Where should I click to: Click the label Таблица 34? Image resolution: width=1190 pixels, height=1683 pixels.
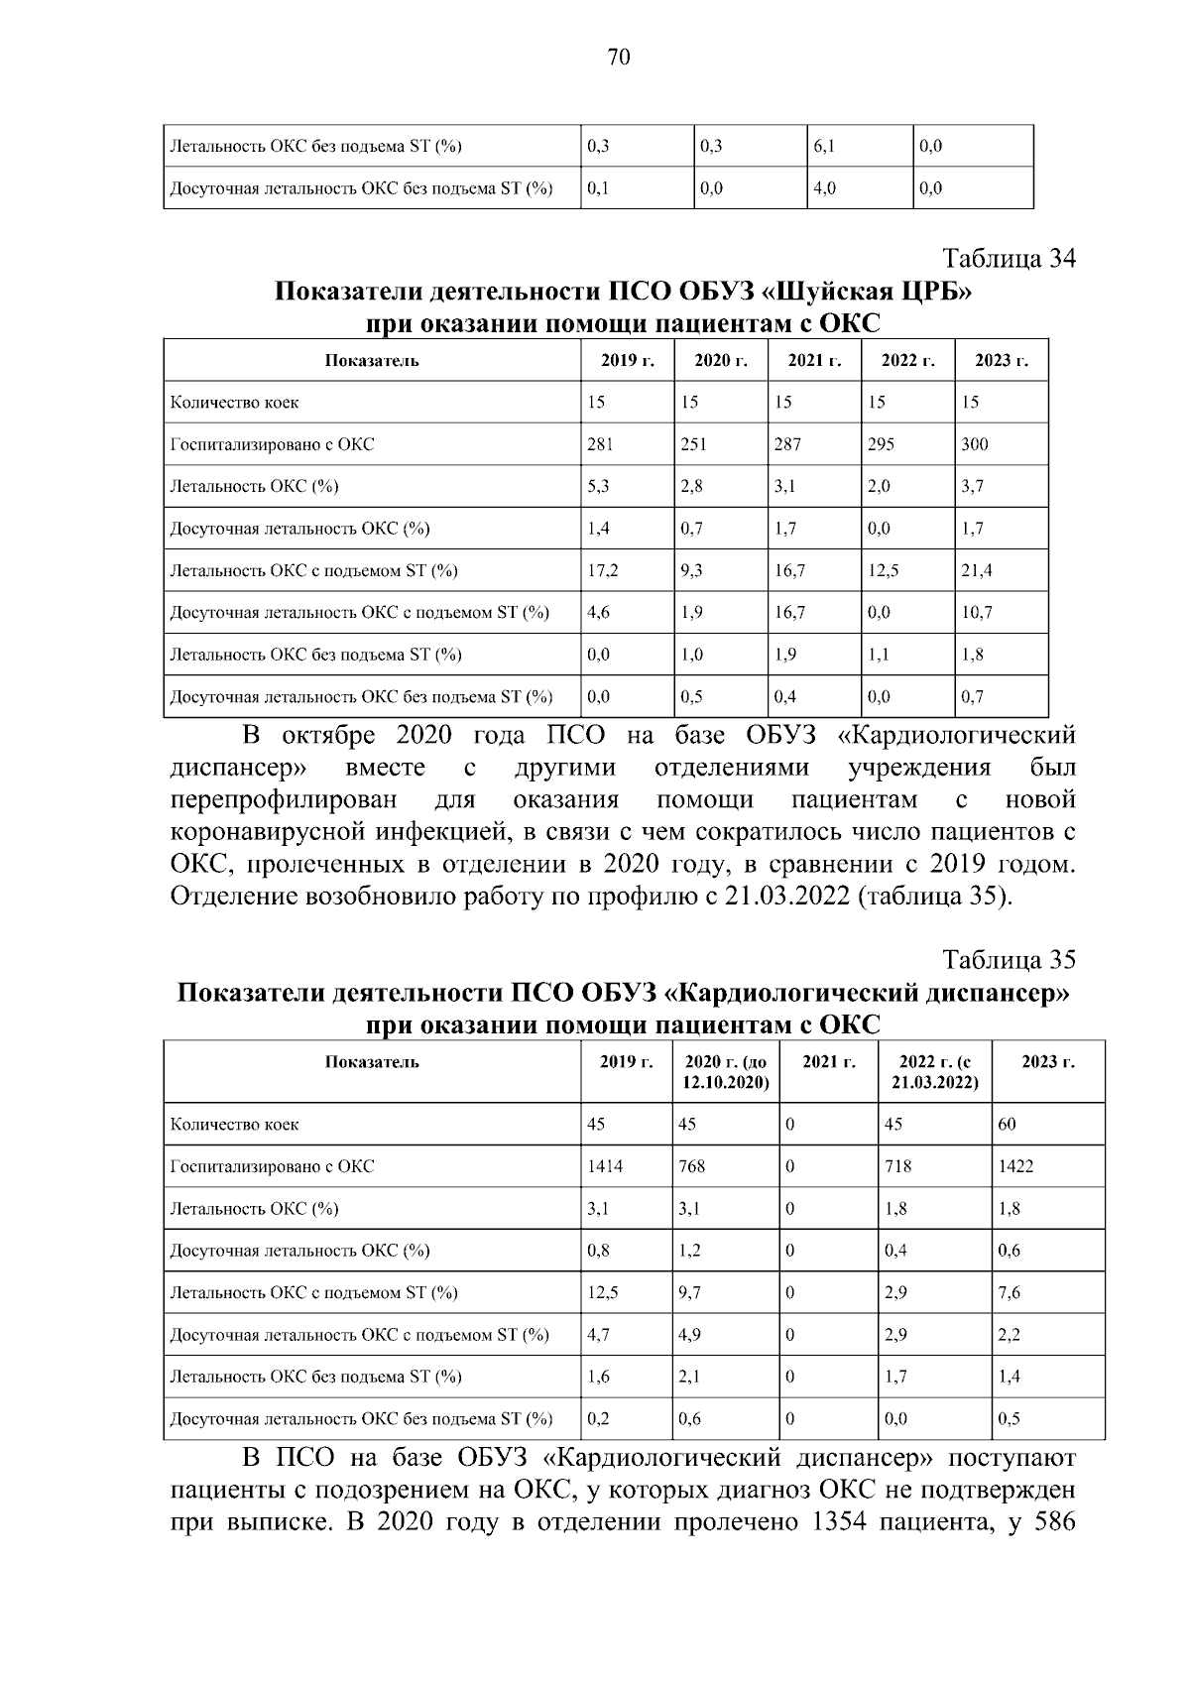[1009, 260]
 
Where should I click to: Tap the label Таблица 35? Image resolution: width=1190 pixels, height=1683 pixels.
[1009, 960]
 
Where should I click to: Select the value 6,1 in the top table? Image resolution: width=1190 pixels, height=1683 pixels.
[824, 147]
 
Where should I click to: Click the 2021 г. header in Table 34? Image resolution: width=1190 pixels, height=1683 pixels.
[814, 361]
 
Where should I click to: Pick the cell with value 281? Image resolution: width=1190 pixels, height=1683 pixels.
[600, 444]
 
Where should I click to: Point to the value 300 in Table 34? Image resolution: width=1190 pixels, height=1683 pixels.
[975, 444]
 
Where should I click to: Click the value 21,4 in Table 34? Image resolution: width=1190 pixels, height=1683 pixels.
[977, 571]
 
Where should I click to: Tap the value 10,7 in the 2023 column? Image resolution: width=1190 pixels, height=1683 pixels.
[977, 613]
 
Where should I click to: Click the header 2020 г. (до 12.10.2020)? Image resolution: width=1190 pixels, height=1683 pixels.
[726, 1072]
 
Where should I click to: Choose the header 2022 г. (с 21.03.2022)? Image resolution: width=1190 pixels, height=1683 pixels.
[935, 1072]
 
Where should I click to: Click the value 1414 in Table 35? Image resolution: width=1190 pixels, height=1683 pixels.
[605, 1167]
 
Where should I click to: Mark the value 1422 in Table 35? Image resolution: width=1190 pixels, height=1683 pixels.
[1015, 1167]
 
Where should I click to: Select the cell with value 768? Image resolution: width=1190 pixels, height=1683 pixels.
[692, 1167]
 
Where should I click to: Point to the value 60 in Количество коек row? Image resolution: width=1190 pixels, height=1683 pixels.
[1008, 1125]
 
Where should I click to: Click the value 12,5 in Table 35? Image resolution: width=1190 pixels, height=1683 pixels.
[602, 1293]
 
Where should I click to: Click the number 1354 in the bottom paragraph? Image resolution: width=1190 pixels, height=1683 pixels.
[845, 1551]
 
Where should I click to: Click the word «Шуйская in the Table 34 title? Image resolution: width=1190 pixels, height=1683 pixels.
[825, 294]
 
